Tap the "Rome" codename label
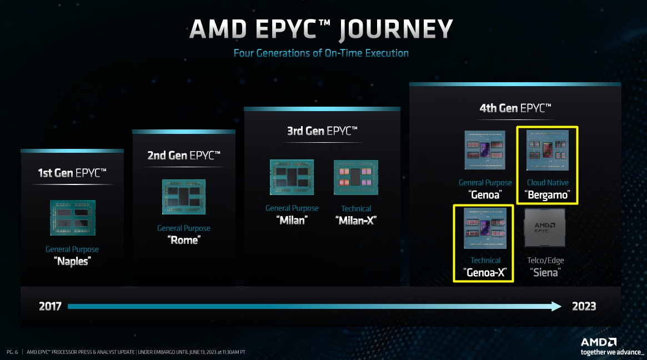pyautogui.click(x=184, y=240)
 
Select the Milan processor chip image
pyautogui.click(x=292, y=177)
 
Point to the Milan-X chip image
pyautogui.click(x=355, y=177)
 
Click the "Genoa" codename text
pyautogui.click(x=485, y=195)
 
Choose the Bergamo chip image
pyautogui.click(x=548, y=150)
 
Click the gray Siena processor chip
pyautogui.click(x=545, y=228)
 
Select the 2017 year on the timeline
pyautogui.click(x=50, y=306)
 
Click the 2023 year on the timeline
pyautogui.click(x=584, y=306)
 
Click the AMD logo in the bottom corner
pyautogui.click(x=599, y=342)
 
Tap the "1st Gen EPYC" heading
pyautogui.click(x=72, y=173)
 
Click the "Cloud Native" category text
pyautogui.click(x=548, y=182)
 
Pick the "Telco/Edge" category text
pyautogui.click(x=545, y=260)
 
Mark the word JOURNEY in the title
pyautogui.click(x=396, y=29)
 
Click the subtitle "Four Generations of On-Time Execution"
pyautogui.click(x=321, y=53)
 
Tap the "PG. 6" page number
pyautogui.click(x=13, y=352)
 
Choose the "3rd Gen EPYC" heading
pyautogui.click(x=322, y=131)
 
